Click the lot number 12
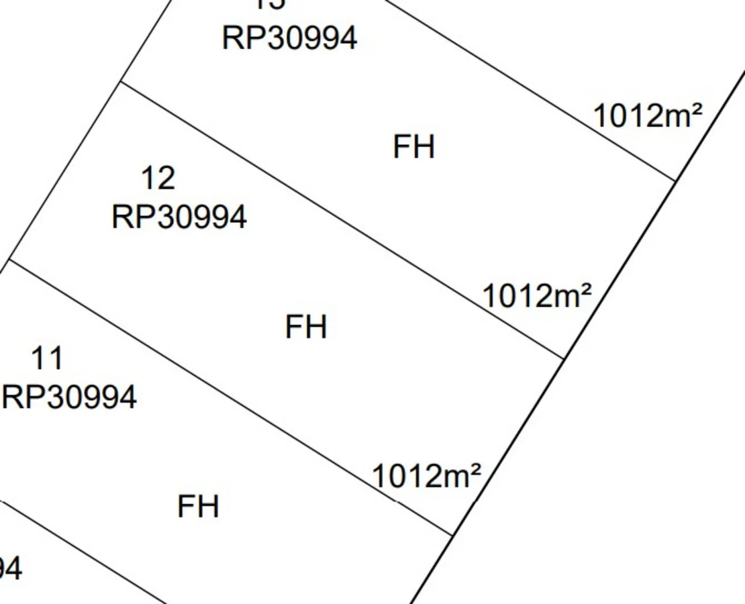pyautogui.click(x=158, y=179)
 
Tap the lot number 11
pyautogui.click(x=48, y=358)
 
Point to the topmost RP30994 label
pyautogui.click(x=289, y=38)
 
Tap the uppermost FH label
pyautogui.click(x=413, y=147)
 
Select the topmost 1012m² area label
pyautogui.click(x=648, y=116)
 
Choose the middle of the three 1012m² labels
pyautogui.click(x=537, y=295)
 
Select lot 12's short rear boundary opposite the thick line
pyautogui.click(x=66, y=170)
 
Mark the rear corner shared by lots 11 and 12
pyautogui.click(x=10, y=260)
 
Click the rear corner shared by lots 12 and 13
pyautogui.click(x=121, y=82)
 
